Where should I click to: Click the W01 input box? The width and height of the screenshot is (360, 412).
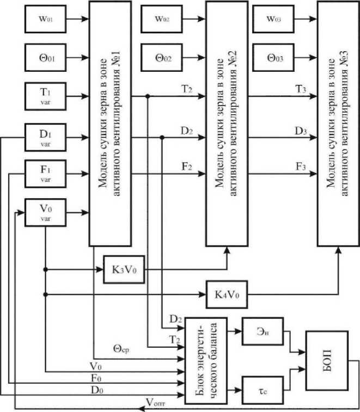click(x=46, y=19)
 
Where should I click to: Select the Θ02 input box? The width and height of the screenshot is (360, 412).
click(x=161, y=58)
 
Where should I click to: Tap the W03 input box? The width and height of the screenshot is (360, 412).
click(x=273, y=19)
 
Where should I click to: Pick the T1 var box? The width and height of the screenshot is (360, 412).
click(x=46, y=96)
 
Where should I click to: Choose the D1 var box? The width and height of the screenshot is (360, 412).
click(x=46, y=137)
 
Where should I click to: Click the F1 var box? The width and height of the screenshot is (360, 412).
click(x=46, y=174)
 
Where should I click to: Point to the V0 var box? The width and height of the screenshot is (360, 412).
click(x=46, y=213)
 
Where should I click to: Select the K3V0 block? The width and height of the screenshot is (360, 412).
click(x=124, y=269)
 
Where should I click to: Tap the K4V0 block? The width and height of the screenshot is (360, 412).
click(x=227, y=294)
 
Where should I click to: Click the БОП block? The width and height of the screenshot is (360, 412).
click(x=327, y=360)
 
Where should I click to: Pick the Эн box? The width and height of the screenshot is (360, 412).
click(x=263, y=331)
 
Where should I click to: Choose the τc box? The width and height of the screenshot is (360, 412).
click(x=263, y=390)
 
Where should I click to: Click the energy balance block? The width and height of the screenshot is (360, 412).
click(x=206, y=361)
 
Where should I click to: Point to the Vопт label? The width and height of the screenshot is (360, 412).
click(x=156, y=402)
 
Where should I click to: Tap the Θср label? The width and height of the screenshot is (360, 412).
click(x=121, y=349)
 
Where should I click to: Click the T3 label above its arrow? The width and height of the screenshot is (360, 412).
click(x=301, y=89)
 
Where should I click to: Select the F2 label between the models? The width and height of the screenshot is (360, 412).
click(x=187, y=167)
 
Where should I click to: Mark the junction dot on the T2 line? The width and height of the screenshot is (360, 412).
click(x=148, y=96)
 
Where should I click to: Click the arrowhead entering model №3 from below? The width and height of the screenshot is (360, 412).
click(x=339, y=250)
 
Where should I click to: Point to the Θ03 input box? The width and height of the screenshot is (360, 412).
click(x=273, y=58)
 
